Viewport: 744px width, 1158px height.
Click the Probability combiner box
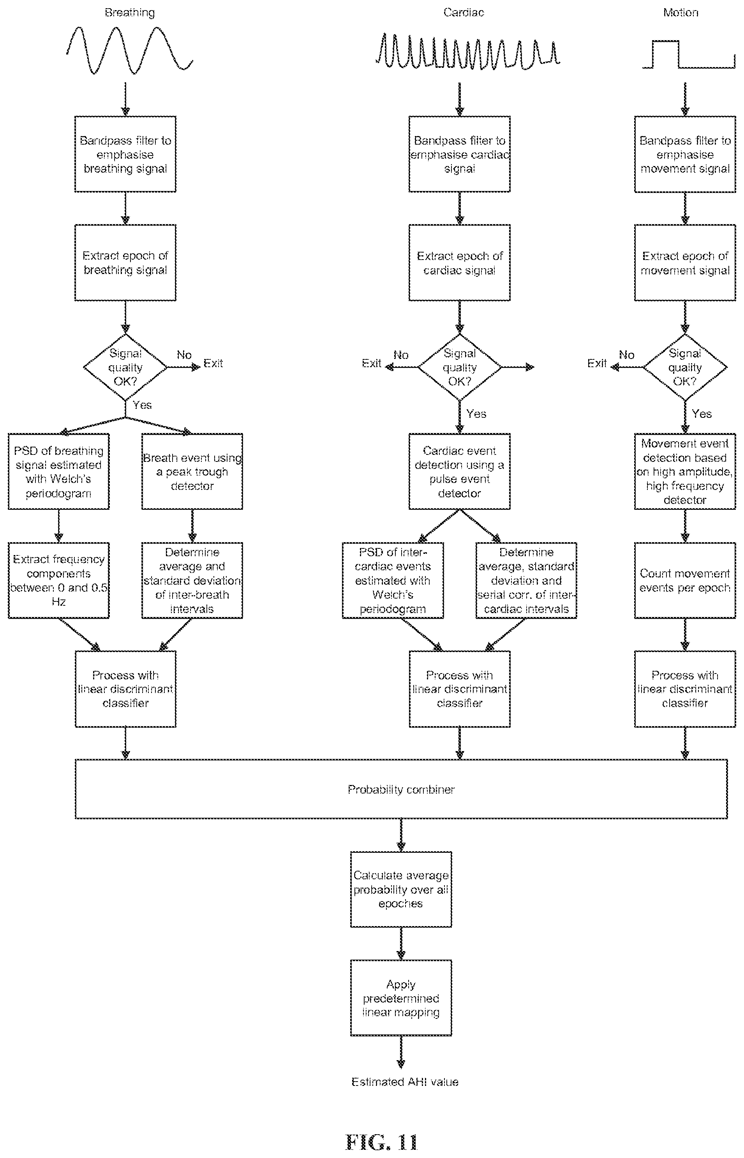(401, 789)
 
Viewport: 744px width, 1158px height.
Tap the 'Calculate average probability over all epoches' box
(401, 889)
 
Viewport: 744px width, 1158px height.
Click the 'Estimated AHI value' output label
(405, 1082)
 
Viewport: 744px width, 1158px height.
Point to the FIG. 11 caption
(381, 1142)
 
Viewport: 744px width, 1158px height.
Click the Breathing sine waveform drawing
(129, 50)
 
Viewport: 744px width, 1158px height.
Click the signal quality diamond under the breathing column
(125, 367)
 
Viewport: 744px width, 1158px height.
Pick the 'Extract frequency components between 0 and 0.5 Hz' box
(58, 580)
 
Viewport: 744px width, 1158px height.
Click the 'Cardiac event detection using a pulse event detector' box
(459, 471)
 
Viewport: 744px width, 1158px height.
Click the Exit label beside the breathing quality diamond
(213, 363)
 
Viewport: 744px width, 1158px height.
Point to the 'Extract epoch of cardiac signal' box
(459, 262)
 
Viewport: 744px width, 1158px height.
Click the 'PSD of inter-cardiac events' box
(393, 580)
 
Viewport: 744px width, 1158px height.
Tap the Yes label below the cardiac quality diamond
(476, 414)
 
